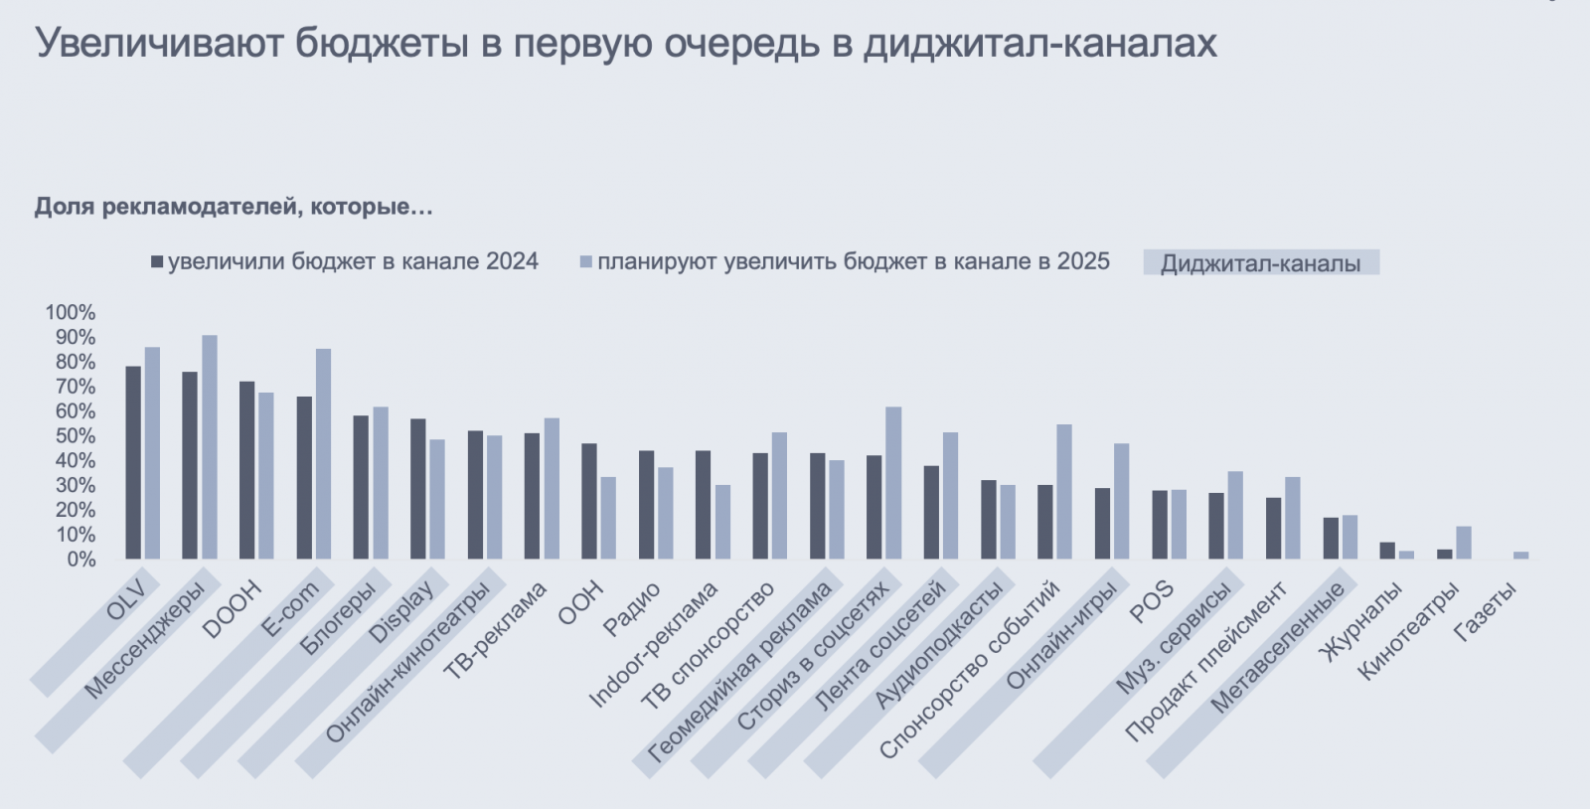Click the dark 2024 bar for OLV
pos(133,462)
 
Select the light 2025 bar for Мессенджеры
pos(210,447)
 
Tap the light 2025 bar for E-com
pos(324,454)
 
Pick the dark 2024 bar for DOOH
pos(247,470)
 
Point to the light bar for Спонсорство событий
pos(1064,492)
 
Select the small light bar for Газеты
pos(1521,556)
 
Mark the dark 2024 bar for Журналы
pos(1387,551)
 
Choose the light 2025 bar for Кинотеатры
pos(1464,543)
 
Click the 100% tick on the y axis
pos(70,312)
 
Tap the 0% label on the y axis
pos(79,560)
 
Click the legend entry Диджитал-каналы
pos(1260,263)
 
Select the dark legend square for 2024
pos(157,262)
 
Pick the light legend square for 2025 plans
pos(586,262)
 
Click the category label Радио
pos(632,609)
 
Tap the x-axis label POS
pos(1153,602)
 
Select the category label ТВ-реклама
pos(495,630)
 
